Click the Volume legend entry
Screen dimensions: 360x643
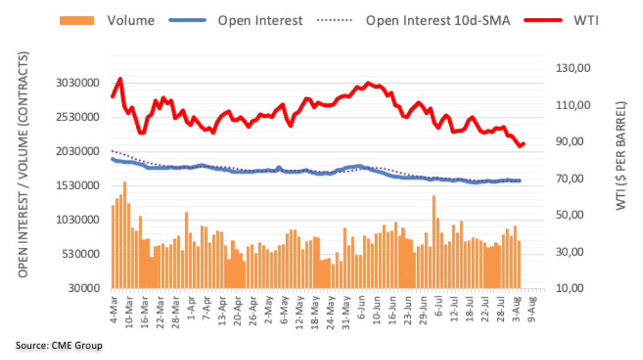131,21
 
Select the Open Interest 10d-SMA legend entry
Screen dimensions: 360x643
438,21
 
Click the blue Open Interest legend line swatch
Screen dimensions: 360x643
188,21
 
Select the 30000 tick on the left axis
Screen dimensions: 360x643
84,288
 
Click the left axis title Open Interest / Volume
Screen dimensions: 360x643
24,165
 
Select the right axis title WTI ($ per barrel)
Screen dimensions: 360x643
621,156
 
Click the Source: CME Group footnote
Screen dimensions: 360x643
58,346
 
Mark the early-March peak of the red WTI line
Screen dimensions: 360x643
120,79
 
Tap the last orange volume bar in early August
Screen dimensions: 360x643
519,264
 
